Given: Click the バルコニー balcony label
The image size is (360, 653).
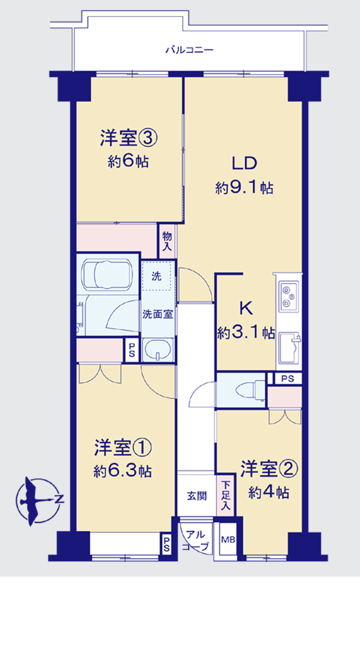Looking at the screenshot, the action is pos(189,50).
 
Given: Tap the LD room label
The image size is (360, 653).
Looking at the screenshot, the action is pos(244,163).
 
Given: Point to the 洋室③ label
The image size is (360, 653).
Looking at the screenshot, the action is pos(128,138).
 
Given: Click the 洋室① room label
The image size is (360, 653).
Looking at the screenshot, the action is pos(123,447).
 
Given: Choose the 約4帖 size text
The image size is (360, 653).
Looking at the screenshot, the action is pos(269,492).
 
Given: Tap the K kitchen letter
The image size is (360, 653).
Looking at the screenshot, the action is pos(246,308).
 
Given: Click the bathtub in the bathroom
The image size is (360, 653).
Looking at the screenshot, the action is pos(107,274).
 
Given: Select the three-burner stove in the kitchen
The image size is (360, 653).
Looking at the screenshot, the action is pos(289,296).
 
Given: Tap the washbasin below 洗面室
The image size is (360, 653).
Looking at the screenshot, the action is pos(158,350).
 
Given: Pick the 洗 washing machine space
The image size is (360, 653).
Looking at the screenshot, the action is pos(157,276).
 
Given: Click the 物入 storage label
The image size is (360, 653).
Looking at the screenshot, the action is pos(167,241).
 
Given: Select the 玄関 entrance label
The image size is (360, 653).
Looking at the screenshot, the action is pos(197,496).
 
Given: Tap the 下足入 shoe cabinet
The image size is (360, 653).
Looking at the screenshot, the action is pos(226,495).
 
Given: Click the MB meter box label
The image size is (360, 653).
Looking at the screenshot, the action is pos(228,540).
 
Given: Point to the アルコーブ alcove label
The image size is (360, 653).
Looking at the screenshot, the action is pos(196,540).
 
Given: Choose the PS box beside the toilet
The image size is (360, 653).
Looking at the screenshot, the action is pos(288,379).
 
